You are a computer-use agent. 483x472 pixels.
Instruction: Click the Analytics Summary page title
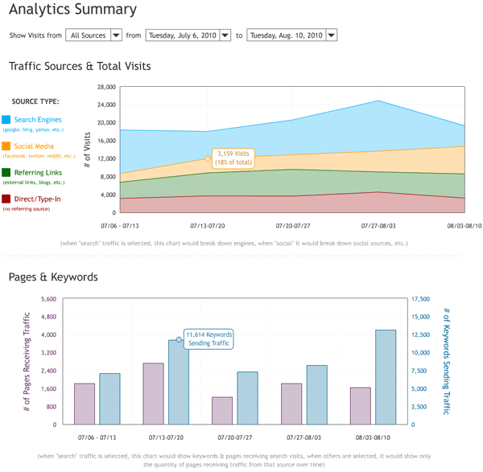pyautogui.click(x=72, y=10)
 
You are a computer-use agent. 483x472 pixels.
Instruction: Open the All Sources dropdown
pyautogui.click(x=94, y=35)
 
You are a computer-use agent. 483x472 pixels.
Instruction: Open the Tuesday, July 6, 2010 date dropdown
pyautogui.click(x=188, y=35)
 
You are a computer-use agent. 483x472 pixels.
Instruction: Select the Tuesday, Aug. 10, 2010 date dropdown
pyautogui.click(x=292, y=35)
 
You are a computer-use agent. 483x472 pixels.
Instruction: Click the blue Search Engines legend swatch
pyautogui.click(x=6, y=120)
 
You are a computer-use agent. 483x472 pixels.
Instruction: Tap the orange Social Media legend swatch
pyautogui.click(x=6, y=146)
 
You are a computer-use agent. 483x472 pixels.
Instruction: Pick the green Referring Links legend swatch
pyautogui.click(x=6, y=172)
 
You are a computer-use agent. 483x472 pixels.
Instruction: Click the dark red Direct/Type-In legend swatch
pyautogui.click(x=6, y=199)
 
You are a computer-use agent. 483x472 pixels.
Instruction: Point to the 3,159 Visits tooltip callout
pyautogui.click(x=235, y=157)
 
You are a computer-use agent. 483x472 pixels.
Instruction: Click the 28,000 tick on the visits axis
pyautogui.click(x=107, y=87)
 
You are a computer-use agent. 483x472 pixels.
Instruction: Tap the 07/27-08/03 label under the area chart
pyautogui.click(x=374, y=227)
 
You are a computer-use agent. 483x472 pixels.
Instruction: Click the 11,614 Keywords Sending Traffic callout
pyautogui.click(x=208, y=339)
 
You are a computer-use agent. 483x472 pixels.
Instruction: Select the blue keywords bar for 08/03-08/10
pyautogui.click(x=386, y=377)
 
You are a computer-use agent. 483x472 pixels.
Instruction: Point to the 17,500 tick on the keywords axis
pyautogui.click(x=420, y=299)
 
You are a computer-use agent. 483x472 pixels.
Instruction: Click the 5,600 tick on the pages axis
pyautogui.click(x=45, y=299)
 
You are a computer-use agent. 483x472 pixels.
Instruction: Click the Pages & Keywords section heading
pyautogui.click(x=53, y=277)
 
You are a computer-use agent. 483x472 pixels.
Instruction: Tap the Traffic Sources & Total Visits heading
pyautogui.click(x=79, y=66)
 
